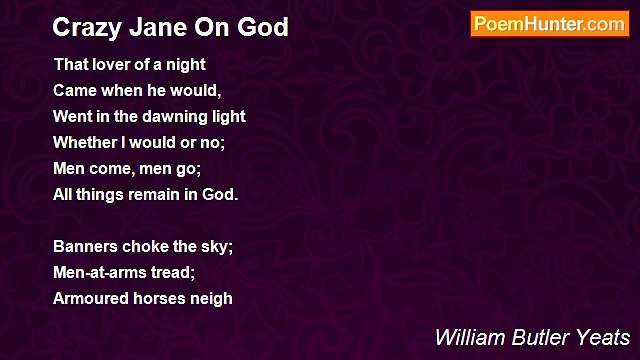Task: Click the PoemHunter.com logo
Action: pos(549,25)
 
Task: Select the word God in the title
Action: pos(263,27)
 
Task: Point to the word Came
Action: pos(75,90)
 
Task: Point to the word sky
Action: pos(219,246)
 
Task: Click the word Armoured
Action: pos(91,298)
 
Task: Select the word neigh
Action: pos(215,298)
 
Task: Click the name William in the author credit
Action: pos(466,337)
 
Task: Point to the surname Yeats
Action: pos(600,337)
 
